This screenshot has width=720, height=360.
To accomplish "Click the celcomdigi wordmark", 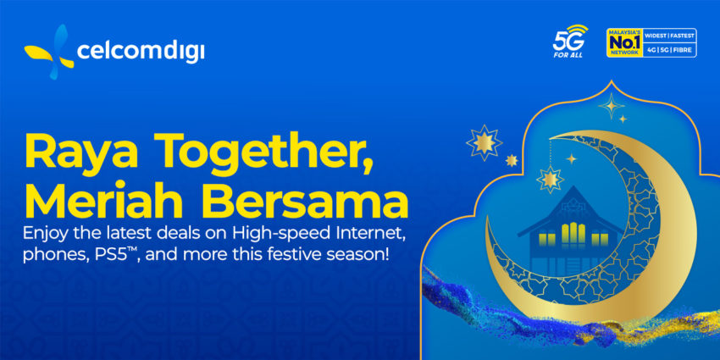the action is pyautogui.click(x=140, y=51).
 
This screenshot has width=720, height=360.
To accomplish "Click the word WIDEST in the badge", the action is pyautogui.click(x=656, y=36).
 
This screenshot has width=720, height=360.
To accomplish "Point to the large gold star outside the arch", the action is pyautogui.click(x=484, y=143).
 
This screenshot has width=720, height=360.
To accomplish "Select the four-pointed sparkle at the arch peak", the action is pyautogui.click(x=612, y=106).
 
